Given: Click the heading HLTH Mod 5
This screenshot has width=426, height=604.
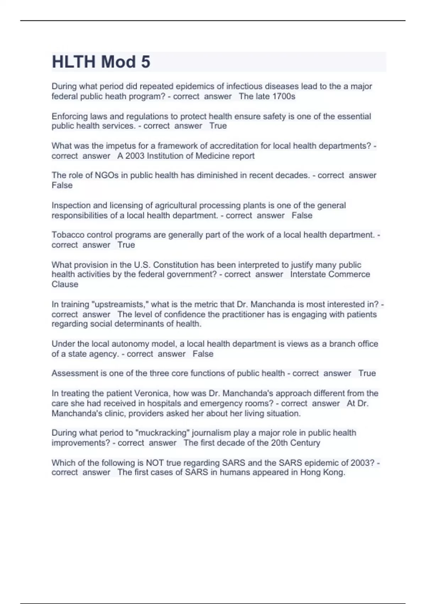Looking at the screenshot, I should click(101, 62).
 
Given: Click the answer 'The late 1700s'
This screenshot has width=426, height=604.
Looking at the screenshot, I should click(267, 96).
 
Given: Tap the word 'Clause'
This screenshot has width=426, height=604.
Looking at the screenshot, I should click(65, 284).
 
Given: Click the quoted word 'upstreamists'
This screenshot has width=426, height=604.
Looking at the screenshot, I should click(121, 304).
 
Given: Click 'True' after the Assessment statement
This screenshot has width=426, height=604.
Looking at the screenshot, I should click(367, 373).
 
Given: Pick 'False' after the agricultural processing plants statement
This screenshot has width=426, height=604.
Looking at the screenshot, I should click(302, 215).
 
